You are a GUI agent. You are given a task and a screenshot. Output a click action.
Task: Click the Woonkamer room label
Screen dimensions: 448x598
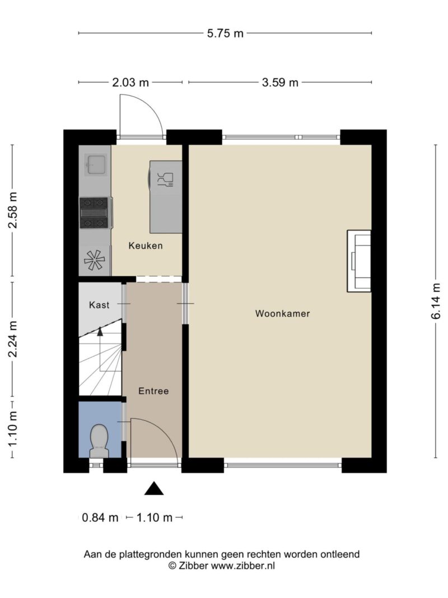(282, 313)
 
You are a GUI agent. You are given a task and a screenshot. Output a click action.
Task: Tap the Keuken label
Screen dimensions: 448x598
(146, 245)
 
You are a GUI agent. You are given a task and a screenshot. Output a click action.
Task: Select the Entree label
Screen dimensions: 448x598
(153, 391)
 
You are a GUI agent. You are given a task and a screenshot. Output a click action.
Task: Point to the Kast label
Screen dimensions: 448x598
(99, 305)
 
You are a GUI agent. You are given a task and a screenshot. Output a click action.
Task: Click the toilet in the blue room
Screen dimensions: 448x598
(99, 441)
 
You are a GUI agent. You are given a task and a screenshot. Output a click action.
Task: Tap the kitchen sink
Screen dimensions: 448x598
(95, 164)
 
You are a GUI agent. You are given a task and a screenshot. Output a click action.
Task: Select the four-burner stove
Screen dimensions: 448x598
(94, 213)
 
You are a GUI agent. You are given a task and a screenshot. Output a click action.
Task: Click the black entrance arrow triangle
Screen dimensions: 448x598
(154, 488)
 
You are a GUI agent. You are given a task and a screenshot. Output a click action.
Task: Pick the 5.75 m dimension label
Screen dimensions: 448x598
(225, 33)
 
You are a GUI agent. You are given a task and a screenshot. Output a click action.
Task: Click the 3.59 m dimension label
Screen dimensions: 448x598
(280, 82)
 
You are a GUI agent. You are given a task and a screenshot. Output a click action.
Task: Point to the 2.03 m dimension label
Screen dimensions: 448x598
(130, 82)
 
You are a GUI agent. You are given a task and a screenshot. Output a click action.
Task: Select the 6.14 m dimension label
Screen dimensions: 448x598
(437, 302)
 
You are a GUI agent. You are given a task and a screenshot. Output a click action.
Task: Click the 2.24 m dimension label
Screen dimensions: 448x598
(13, 339)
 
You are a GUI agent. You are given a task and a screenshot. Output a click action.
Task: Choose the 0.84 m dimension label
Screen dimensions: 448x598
(100, 517)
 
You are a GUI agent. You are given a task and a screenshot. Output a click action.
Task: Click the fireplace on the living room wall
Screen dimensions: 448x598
(359, 261)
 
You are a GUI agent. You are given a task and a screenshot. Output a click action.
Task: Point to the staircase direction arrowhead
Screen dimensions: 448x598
(100, 331)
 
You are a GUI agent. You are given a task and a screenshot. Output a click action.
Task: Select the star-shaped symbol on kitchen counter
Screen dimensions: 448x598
(94, 261)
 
